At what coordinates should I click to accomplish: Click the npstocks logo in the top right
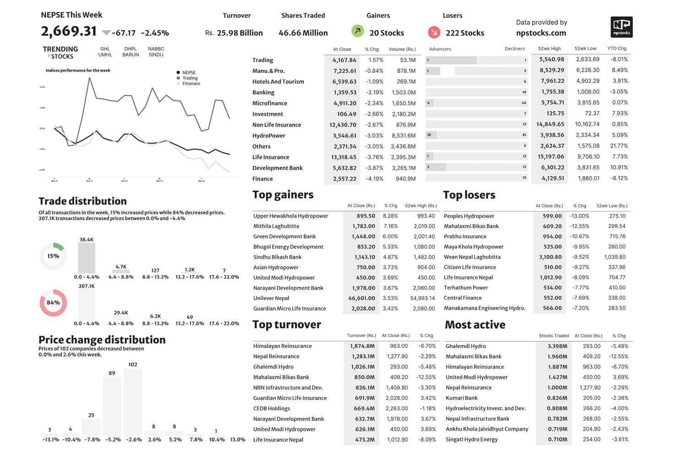point(622,27)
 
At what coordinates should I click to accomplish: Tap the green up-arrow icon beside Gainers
point(357,31)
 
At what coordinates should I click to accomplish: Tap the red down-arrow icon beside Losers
point(434,32)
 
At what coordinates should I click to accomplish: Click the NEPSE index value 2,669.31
point(69,31)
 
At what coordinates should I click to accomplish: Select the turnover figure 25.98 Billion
point(240,33)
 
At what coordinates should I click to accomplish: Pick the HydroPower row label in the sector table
point(269,136)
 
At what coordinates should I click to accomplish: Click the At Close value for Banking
point(345,93)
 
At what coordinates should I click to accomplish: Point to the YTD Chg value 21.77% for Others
point(619,146)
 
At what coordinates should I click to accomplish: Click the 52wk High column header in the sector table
point(549,49)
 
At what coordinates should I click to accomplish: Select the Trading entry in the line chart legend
point(190,78)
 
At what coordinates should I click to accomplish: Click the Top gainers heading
point(283,195)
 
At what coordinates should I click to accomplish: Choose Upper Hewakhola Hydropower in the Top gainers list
point(291,216)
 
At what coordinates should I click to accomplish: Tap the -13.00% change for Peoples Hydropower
point(579,216)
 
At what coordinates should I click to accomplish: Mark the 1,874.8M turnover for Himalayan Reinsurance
point(362,346)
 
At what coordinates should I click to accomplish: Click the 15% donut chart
point(53,256)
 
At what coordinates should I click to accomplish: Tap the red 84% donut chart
point(53,303)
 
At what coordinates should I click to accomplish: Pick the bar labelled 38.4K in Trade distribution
point(87,258)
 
